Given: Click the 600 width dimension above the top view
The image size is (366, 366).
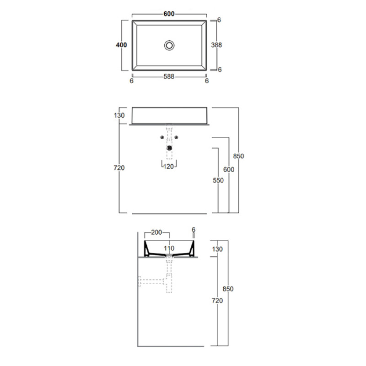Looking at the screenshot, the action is click(x=169, y=14).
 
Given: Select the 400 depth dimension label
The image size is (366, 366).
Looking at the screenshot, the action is click(x=121, y=45).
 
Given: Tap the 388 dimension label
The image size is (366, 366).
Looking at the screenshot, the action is click(x=216, y=45).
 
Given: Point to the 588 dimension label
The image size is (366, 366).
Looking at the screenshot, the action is click(x=169, y=76).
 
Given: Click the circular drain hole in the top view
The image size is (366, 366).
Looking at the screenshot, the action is click(x=169, y=45).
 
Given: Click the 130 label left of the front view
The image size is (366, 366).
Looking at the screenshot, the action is click(x=119, y=115).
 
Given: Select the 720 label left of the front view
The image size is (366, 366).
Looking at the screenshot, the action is click(x=119, y=167).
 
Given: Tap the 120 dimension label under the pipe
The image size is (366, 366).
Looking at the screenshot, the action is click(x=168, y=167).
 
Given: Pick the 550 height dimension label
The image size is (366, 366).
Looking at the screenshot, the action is click(x=218, y=180).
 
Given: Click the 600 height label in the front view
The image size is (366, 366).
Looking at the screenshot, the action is click(x=229, y=169).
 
